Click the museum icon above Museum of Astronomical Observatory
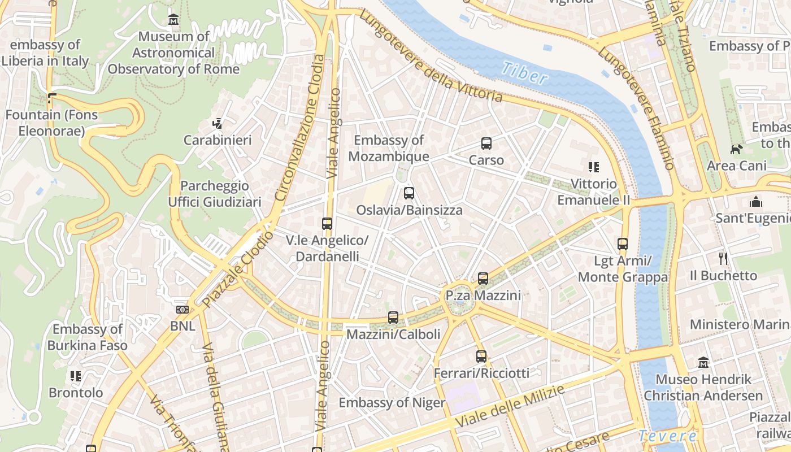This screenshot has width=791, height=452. [x=173, y=20]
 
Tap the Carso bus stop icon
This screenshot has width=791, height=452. [x=486, y=144]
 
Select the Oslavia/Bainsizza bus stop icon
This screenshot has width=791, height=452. [x=409, y=193]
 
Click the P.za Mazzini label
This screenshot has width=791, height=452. [x=483, y=295]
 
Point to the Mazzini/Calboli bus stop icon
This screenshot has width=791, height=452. [x=393, y=318]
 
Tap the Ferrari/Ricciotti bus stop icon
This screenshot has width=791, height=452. [x=481, y=357]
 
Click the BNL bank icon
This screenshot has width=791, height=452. [x=182, y=310]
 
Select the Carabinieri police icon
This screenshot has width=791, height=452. [x=218, y=123]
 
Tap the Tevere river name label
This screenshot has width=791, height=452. [x=668, y=436]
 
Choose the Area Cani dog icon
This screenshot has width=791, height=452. [x=737, y=149]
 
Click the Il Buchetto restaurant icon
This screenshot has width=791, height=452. [x=723, y=259]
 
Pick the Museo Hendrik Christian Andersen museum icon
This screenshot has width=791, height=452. [x=703, y=362]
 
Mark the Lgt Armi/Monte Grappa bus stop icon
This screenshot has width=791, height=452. [x=623, y=244]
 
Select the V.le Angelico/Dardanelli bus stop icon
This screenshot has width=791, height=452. [x=327, y=224]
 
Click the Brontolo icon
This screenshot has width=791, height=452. [x=76, y=376]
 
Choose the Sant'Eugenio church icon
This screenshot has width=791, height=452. [x=755, y=202]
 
